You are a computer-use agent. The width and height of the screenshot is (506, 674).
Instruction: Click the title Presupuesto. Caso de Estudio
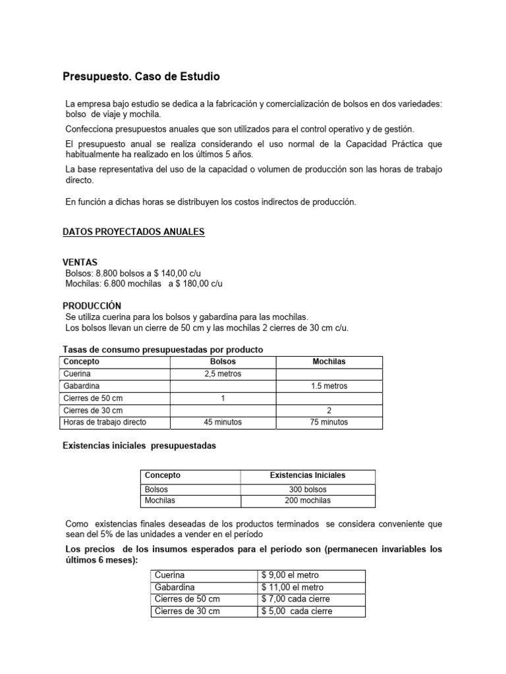[x=141, y=77]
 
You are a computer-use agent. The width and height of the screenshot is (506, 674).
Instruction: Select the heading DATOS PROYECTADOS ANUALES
[x=134, y=232]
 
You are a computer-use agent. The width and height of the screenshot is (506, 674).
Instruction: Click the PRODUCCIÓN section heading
[x=92, y=306]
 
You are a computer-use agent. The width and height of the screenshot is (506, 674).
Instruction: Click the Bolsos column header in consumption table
[x=222, y=362]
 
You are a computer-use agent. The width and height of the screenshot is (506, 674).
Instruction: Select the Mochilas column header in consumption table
[x=329, y=362]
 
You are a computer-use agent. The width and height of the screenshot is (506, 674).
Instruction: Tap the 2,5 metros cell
[x=223, y=374]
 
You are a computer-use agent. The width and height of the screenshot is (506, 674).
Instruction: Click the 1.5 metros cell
[x=329, y=386]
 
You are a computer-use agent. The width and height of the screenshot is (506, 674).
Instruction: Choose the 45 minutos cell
[x=223, y=422]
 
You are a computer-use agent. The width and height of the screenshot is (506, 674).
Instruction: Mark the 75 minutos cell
[x=329, y=422]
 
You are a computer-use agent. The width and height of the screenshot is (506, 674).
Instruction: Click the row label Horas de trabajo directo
[x=105, y=422]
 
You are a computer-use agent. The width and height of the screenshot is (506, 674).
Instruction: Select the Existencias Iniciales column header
[x=308, y=475]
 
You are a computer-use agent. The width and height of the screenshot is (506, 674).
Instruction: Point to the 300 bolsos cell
[x=308, y=490]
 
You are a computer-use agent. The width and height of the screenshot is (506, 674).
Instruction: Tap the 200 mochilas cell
[x=308, y=500]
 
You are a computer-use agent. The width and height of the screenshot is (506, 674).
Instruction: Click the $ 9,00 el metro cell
[x=290, y=575]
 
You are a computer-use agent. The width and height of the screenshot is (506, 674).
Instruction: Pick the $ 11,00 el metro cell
[x=293, y=587]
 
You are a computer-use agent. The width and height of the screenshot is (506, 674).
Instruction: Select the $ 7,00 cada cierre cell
[x=296, y=599]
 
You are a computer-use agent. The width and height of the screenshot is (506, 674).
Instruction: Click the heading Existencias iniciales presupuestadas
[x=139, y=446]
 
